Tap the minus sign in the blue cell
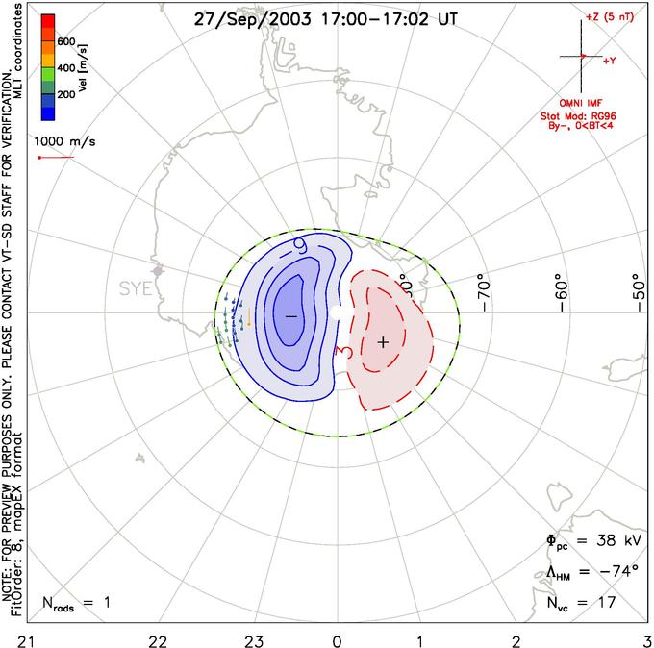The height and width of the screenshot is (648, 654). click(290, 315)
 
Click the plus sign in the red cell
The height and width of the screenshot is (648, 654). click(383, 341)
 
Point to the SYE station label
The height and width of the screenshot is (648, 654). click(137, 288)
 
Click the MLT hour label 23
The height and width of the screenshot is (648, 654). click(254, 638)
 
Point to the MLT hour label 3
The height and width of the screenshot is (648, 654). click(647, 638)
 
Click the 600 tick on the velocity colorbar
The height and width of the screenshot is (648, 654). click(66, 41)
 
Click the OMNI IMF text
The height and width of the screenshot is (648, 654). click(587, 102)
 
